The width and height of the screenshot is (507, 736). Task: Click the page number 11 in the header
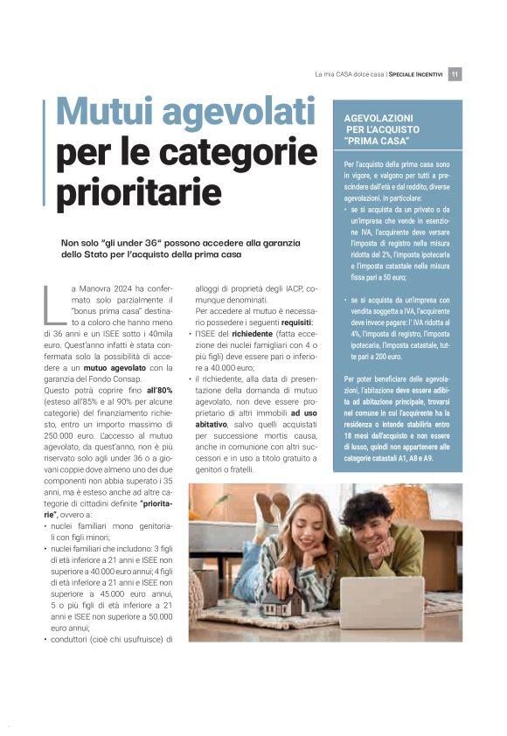tap(455, 74)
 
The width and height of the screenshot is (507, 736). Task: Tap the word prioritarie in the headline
tap(139, 190)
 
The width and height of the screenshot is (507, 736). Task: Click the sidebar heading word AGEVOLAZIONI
tap(379, 116)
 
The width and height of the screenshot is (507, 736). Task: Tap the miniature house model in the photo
tap(283, 602)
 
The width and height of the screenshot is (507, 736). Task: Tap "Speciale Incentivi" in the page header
tap(415, 74)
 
